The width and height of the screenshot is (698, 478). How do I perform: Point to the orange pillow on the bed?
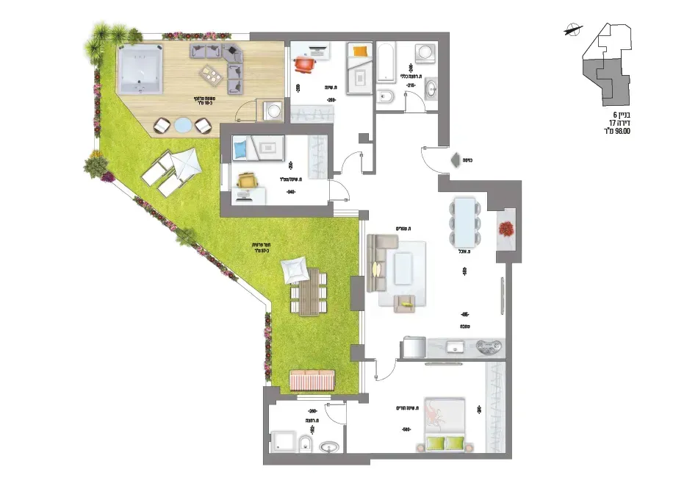[359, 51]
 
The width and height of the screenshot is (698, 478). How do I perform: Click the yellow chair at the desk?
[248, 179]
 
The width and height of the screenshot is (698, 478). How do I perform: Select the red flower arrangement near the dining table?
[506, 228]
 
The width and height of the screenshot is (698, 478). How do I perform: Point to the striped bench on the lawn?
[313, 379]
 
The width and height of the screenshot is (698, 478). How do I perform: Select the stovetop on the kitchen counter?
[489, 346]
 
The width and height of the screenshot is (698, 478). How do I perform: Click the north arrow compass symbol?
[571, 30]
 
